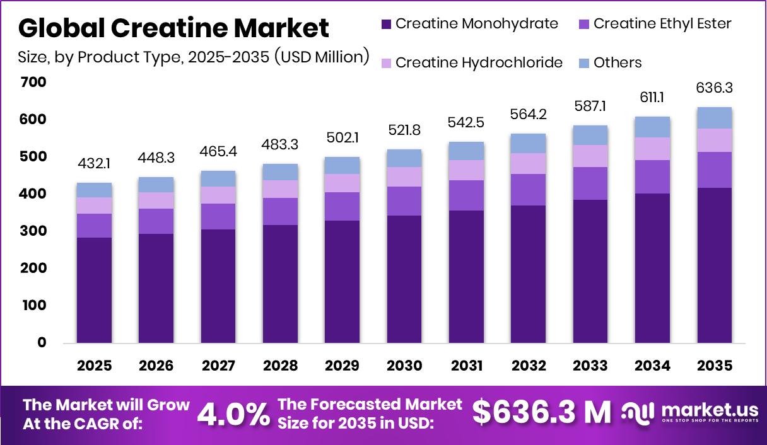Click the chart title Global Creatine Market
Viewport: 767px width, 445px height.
(x=173, y=28)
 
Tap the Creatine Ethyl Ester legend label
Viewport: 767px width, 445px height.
(x=662, y=24)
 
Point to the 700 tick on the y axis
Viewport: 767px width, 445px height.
(x=33, y=83)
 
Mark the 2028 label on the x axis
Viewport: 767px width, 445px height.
(x=280, y=366)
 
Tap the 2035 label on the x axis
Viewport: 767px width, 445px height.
(x=715, y=366)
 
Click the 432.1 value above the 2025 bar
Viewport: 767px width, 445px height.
(x=94, y=164)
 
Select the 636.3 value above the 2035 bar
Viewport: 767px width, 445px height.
(x=715, y=88)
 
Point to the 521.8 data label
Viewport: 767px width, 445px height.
(x=404, y=130)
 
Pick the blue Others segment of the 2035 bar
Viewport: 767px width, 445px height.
(x=715, y=118)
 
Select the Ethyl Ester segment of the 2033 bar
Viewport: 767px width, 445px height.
(x=590, y=183)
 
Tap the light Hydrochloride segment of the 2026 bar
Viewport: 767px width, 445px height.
(x=156, y=200)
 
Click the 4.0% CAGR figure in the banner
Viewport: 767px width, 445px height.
(x=233, y=414)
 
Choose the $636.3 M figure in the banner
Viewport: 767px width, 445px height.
(x=542, y=413)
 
